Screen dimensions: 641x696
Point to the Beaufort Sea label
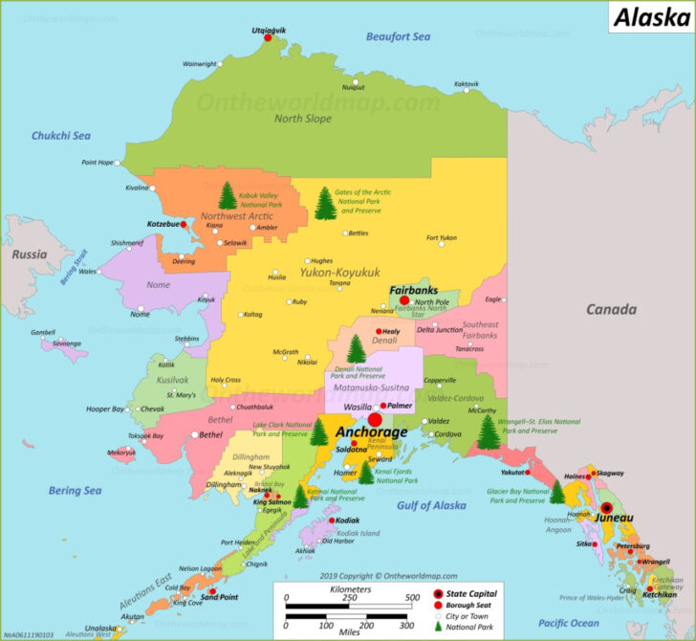click(398, 36)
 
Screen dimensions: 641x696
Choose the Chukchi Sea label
click(61, 136)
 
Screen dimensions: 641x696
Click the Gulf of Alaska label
click(431, 505)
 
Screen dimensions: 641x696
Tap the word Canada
click(611, 309)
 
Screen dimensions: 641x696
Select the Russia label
click(30, 254)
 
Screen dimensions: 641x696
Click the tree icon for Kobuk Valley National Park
click(227, 196)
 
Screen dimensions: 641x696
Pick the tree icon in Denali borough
click(356, 348)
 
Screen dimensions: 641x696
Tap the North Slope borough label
click(303, 119)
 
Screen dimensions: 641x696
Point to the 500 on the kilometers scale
click(409, 599)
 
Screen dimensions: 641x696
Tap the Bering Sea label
click(75, 491)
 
